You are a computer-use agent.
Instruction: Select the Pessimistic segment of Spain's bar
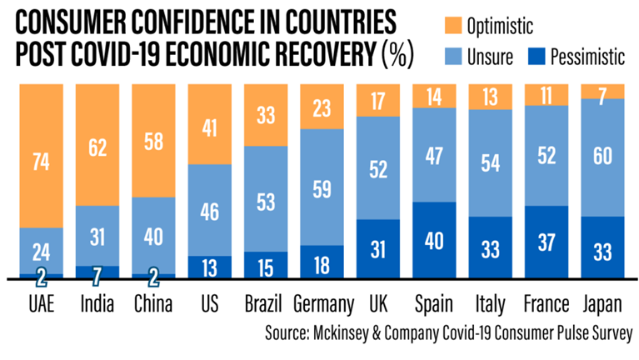(435, 239)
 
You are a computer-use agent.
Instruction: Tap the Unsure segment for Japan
(602, 157)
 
